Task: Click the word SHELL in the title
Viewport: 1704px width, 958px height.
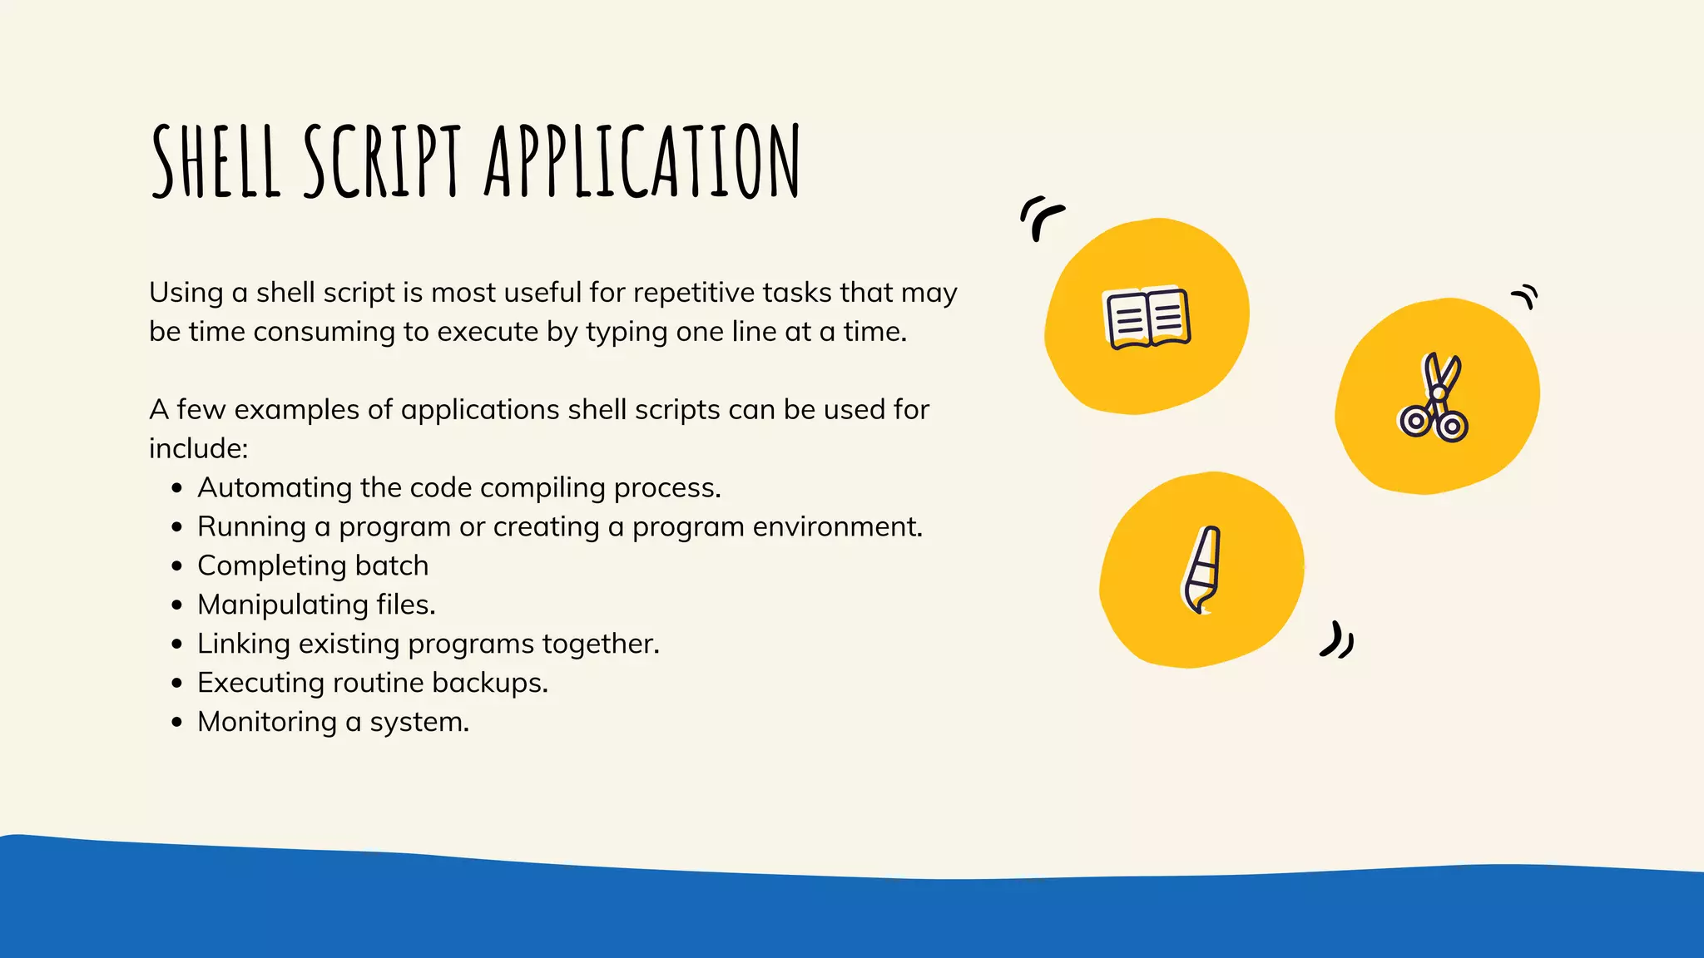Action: pos(215,162)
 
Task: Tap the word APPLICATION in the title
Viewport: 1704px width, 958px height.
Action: pos(641,162)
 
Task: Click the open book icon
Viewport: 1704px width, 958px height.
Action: pos(1147,319)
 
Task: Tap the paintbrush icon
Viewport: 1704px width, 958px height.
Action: pos(1201,570)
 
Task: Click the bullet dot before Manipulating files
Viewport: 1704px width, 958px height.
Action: pos(176,605)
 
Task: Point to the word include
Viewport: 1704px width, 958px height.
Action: pos(198,449)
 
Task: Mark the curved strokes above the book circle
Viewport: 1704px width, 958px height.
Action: pos(1040,218)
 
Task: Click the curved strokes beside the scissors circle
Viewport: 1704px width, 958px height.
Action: pos(1525,296)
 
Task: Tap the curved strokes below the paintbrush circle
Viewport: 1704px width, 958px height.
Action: pos(1337,640)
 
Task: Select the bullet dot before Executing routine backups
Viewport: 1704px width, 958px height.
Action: pos(176,684)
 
